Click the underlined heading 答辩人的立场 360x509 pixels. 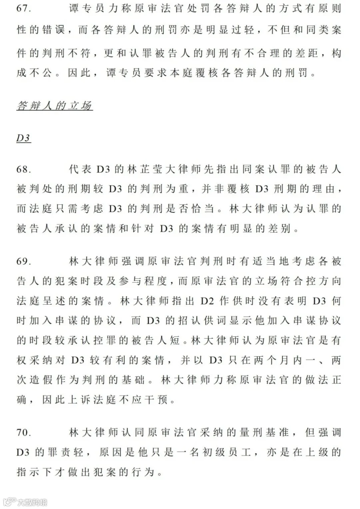pyautogui.click(x=55, y=106)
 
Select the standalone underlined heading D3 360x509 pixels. pyautogui.click(x=24, y=138)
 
